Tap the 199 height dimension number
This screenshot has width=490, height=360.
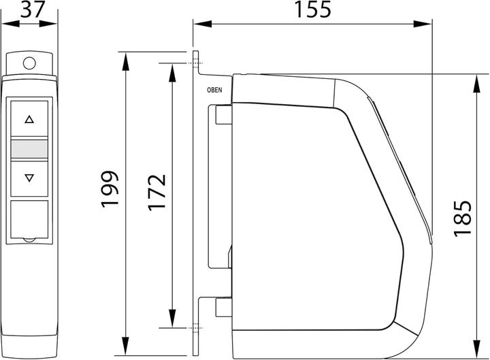[x=110, y=189]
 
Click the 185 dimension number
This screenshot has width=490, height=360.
[x=463, y=218]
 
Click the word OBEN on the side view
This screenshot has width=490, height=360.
[x=214, y=88]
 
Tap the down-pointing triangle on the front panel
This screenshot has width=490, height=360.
[x=29, y=178]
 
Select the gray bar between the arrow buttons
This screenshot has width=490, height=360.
[x=29, y=148]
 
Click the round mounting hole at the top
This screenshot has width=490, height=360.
[x=29, y=63]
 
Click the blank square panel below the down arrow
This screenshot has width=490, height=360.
[x=29, y=219]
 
